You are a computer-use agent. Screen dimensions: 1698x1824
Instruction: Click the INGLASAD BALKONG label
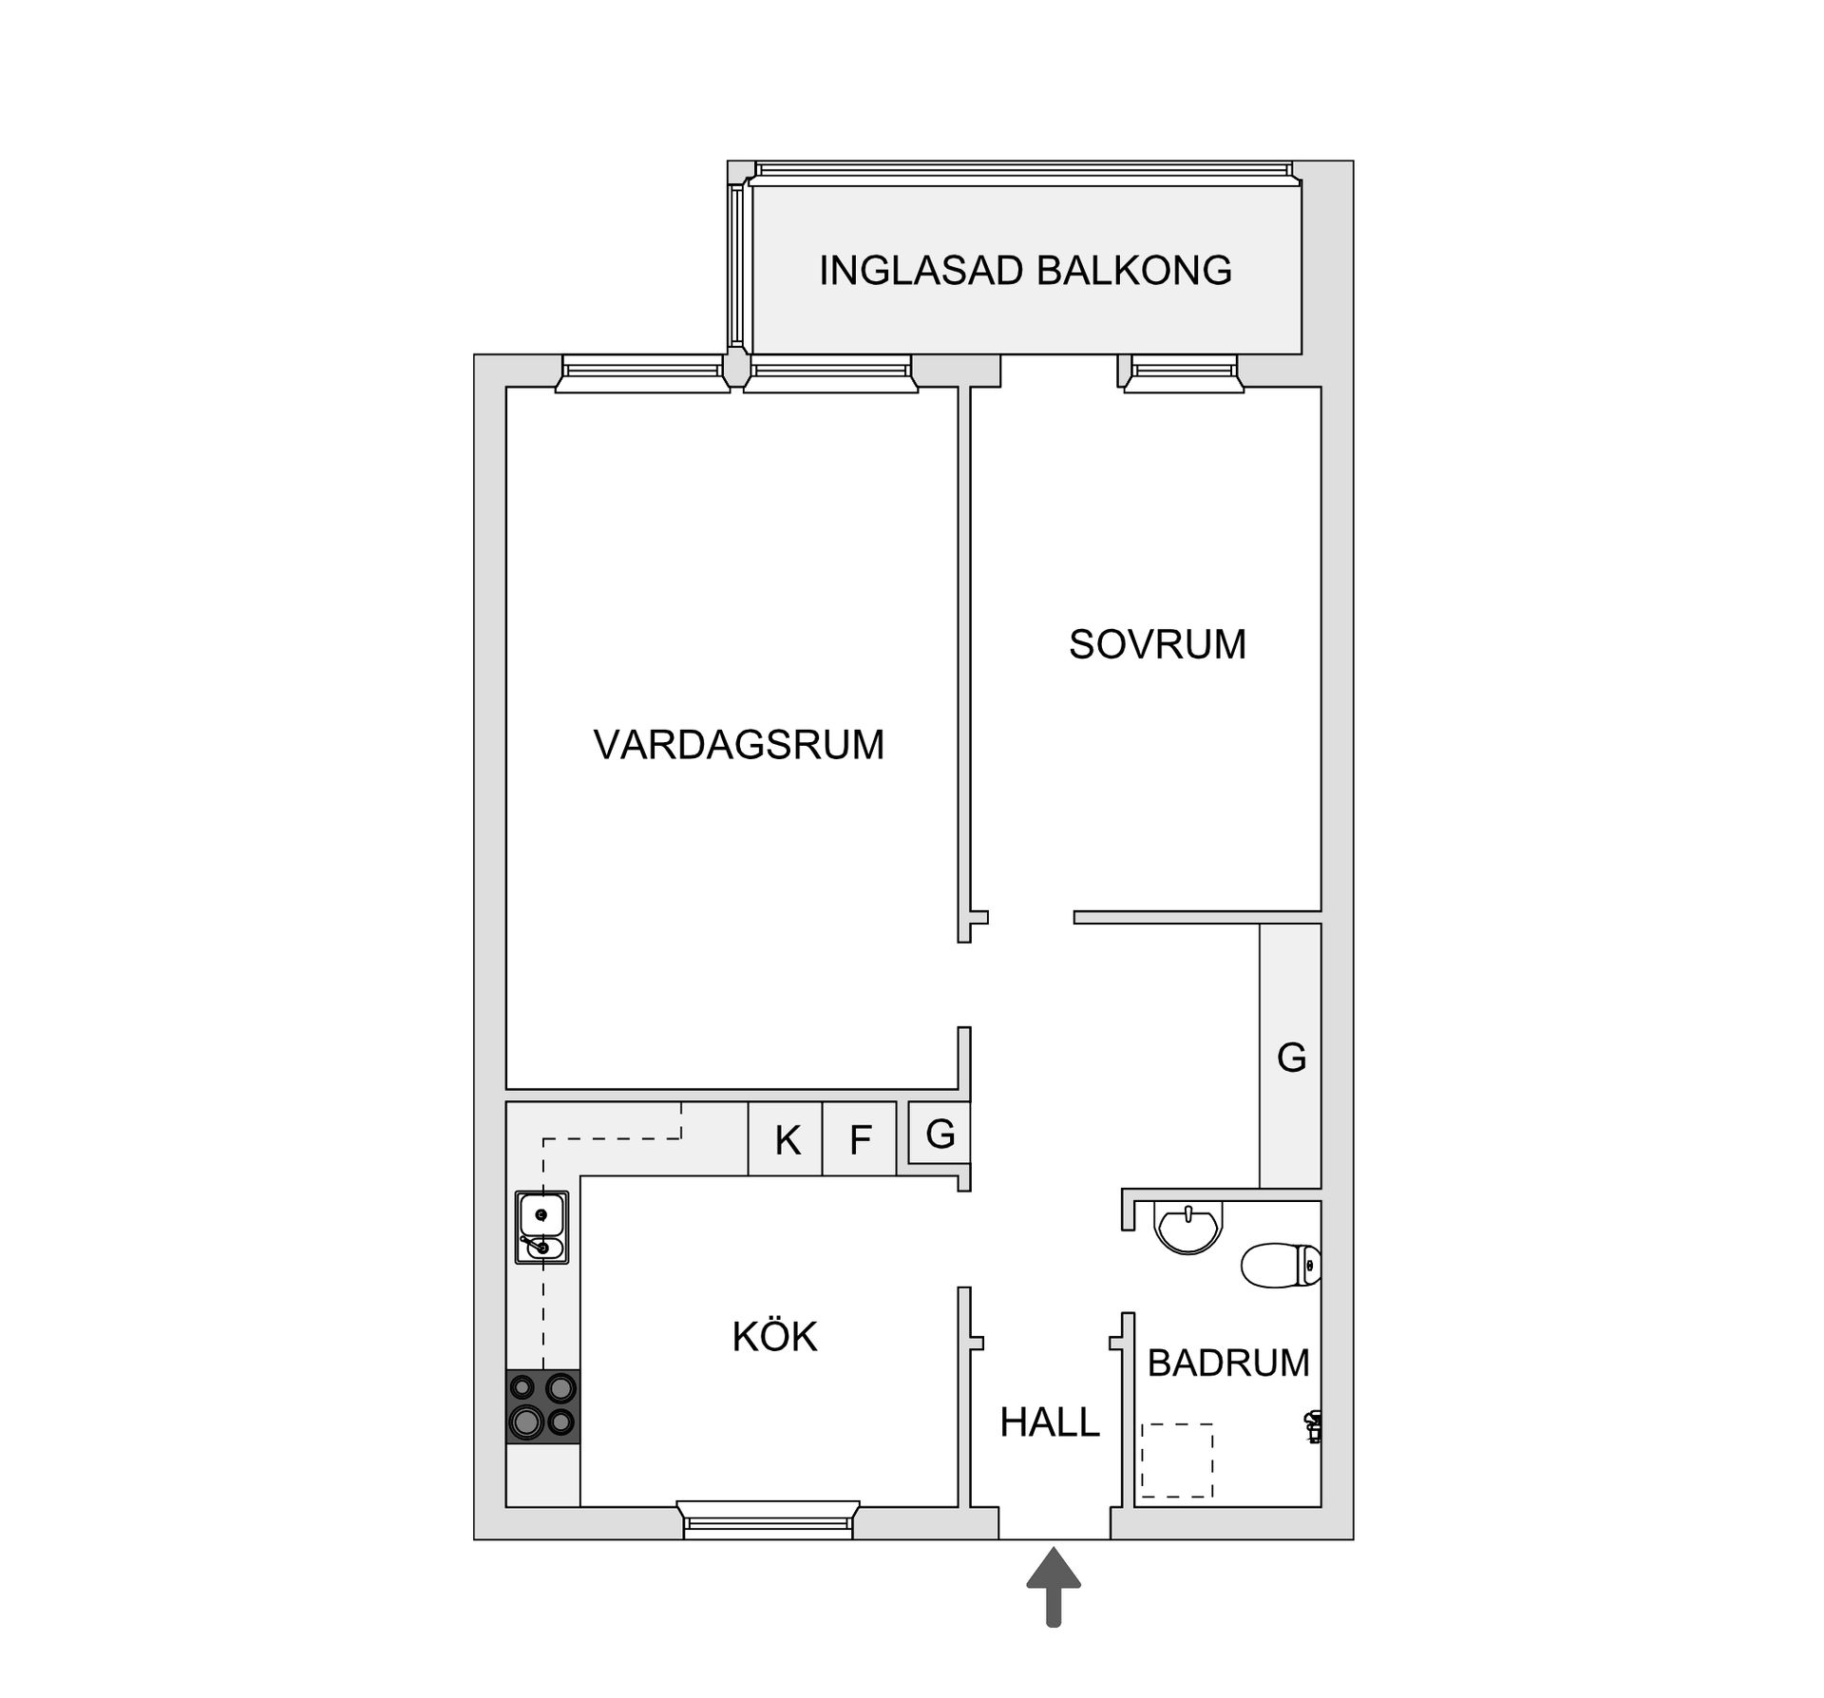(1025, 271)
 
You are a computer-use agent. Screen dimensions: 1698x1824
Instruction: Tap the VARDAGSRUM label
(738, 744)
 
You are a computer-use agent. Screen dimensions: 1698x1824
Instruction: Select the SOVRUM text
(1156, 644)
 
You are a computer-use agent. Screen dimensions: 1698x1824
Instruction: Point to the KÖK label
(774, 1337)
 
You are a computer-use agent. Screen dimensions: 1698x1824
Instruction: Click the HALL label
(1049, 1422)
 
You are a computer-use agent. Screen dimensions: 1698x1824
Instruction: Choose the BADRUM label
(1227, 1364)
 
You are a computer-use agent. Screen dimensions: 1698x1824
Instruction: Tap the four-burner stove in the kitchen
(542, 1406)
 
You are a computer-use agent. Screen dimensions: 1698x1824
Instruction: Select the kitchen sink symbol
(541, 1227)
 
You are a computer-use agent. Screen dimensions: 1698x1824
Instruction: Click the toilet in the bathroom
(1280, 1266)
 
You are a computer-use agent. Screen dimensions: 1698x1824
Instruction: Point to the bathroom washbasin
(1187, 1227)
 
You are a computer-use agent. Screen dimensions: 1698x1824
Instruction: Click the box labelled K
(786, 1140)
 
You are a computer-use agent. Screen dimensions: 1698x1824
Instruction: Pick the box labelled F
(860, 1140)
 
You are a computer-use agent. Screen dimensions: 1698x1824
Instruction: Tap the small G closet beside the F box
(940, 1134)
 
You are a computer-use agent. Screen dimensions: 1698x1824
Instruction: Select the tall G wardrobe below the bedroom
(1290, 1057)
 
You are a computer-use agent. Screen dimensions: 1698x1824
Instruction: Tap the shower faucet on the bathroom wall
(1314, 1426)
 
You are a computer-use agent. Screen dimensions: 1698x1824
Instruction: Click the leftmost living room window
(642, 373)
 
